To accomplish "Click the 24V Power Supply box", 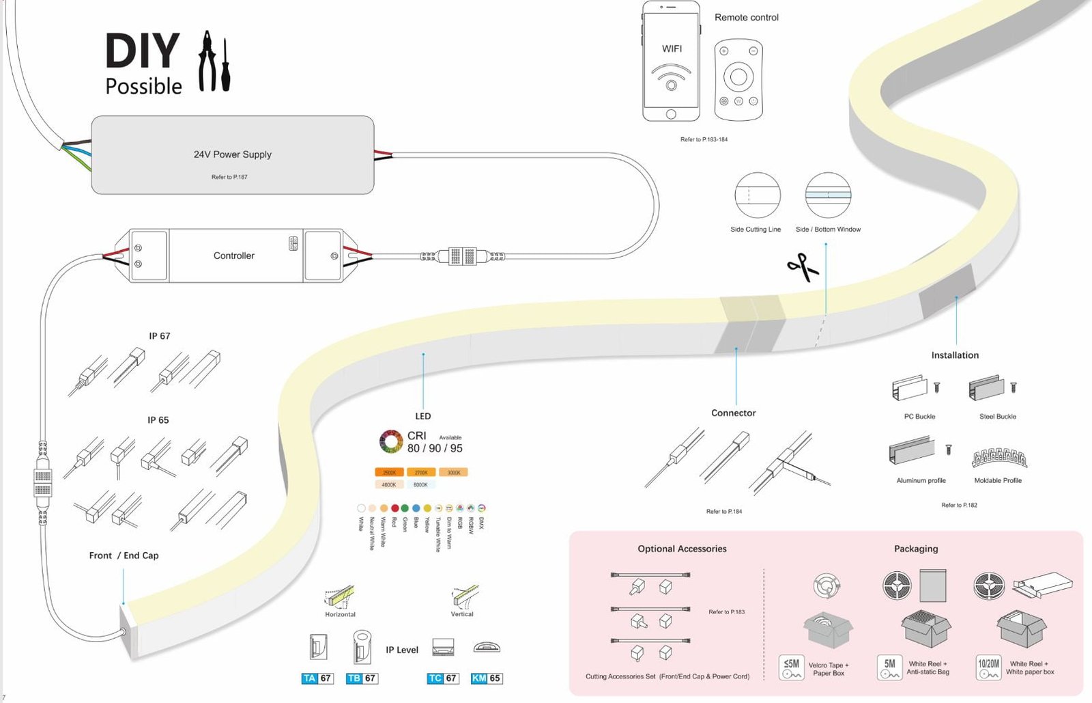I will coord(232,155).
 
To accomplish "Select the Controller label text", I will coord(233,256).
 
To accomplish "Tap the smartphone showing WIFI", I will coord(671,61).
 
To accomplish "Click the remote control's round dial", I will coord(738,76).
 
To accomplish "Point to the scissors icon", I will coord(803,267).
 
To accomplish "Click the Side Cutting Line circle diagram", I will coord(757,195).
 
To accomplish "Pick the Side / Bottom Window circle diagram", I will coord(828,195).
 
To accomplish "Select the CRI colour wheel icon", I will coord(391,441).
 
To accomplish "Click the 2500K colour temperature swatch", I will coord(389,472).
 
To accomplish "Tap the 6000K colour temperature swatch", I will coord(420,484).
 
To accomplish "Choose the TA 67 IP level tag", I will coord(317,678).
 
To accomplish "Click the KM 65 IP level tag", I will coord(487,678).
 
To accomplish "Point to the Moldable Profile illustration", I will coord(999,458).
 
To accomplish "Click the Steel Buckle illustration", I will coord(987,388).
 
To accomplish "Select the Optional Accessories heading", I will coord(682,549).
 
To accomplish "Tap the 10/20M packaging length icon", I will coord(988,667).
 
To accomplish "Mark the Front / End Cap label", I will coord(124,555).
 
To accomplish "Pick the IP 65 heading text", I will coord(158,420).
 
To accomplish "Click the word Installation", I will coord(955,355).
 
